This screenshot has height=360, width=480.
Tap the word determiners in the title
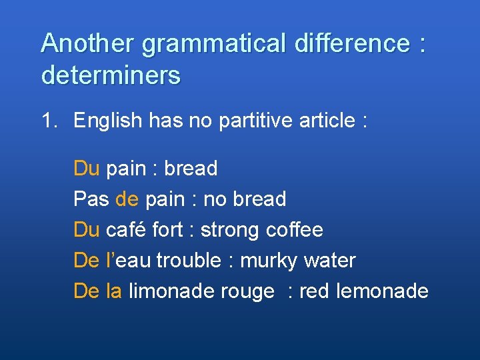pos(111,75)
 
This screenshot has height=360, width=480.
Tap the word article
pos(324,121)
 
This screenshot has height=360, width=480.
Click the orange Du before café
pos(86,230)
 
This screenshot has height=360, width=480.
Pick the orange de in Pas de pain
pos(127,199)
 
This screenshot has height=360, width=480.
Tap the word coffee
pos(294,230)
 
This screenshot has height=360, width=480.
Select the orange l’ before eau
pos(110,261)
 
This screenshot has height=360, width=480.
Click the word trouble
pos(188,261)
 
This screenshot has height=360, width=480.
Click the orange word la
pos(113,291)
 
